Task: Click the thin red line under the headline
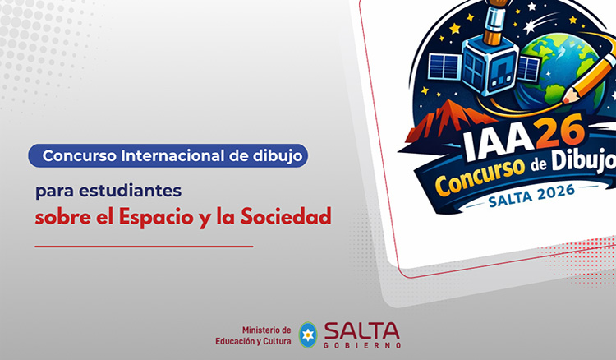coord(144,246)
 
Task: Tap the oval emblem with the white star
coord(308,335)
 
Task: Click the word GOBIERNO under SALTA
coord(361,345)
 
